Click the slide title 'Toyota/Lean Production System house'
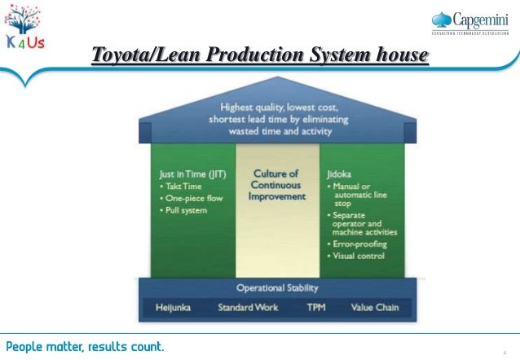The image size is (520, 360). coord(260,55)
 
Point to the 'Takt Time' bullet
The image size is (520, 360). coord(186,186)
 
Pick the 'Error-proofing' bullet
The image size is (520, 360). coord(357,244)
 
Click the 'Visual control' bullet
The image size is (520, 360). coord(357,256)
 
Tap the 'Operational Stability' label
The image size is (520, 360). coord(277,288)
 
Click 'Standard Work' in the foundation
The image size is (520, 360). coord(249,307)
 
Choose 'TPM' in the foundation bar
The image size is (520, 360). coord(315,307)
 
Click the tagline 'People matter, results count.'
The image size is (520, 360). coord(85,346)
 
